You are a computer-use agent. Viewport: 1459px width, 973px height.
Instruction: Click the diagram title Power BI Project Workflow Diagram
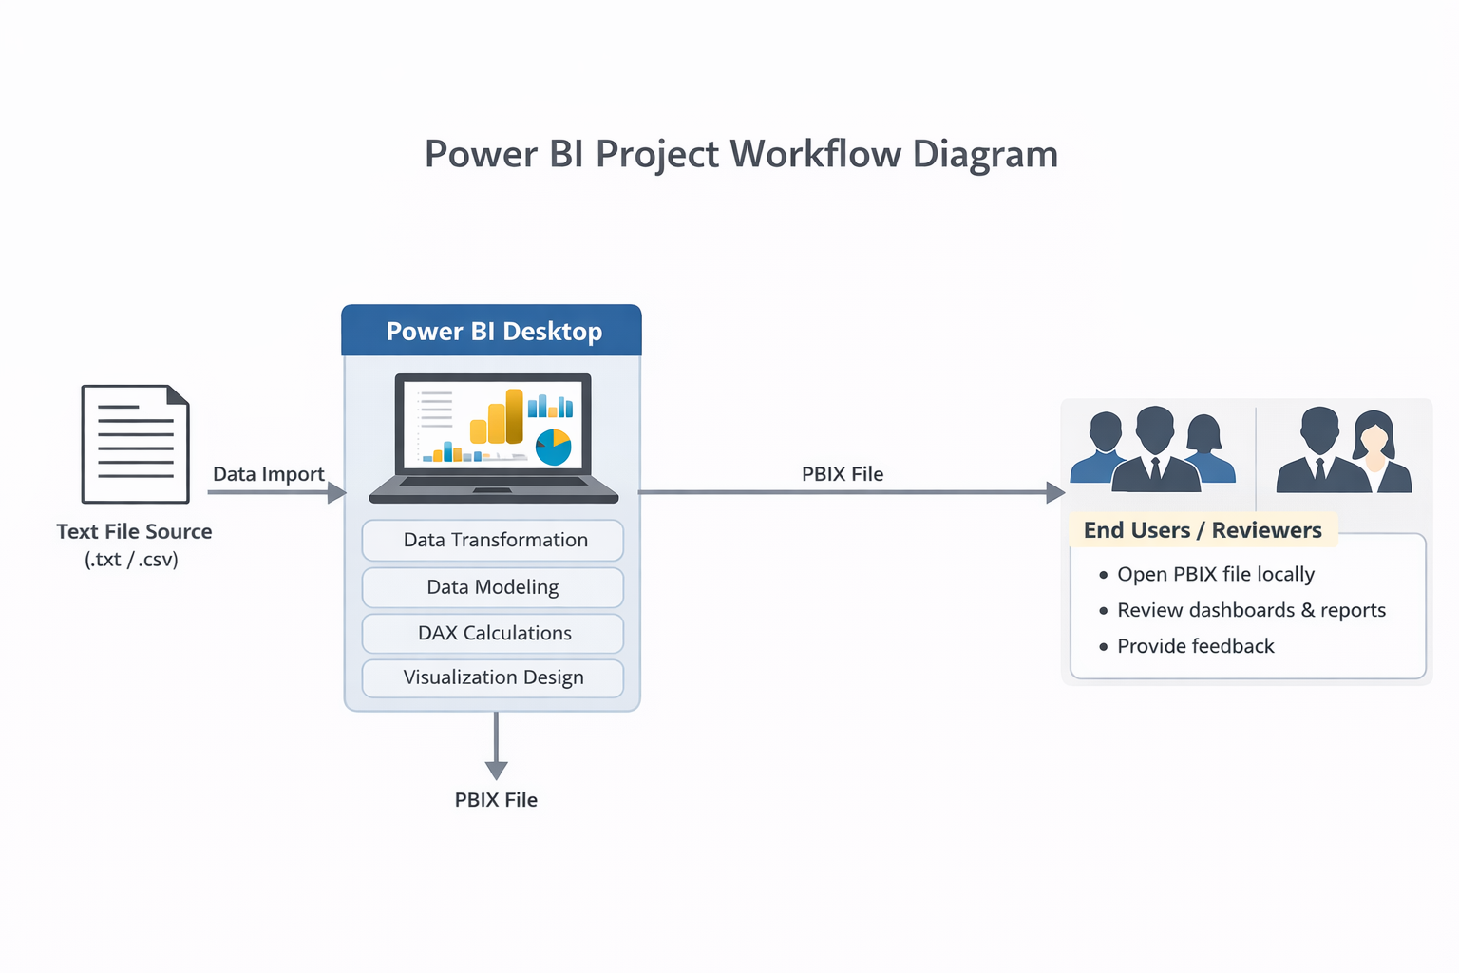coord(741,154)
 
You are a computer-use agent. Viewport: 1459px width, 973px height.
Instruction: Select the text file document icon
coord(136,444)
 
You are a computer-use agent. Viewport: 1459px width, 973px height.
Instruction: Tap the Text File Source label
coord(134,531)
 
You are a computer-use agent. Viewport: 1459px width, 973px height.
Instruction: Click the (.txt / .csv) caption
coord(132,560)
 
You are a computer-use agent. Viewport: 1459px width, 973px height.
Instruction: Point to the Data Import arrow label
coord(268,474)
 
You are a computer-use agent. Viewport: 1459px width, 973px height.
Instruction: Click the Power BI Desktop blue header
coord(492,331)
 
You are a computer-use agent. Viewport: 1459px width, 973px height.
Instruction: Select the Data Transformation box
coord(493,540)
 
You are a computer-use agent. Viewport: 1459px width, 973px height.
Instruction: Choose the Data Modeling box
coord(493,587)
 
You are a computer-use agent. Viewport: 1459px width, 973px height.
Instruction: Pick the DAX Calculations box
coord(493,633)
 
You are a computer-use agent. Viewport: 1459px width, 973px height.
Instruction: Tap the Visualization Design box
coord(493,677)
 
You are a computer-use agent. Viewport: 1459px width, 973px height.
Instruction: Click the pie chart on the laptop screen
coord(553,447)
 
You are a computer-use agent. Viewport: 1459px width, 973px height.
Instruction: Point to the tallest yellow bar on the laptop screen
coord(514,416)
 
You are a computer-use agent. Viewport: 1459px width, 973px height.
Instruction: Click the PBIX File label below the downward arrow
coord(496,800)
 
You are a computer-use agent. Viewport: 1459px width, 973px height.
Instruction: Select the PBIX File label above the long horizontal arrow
coord(843,474)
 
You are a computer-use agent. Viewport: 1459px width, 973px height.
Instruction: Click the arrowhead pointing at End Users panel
coord(1054,492)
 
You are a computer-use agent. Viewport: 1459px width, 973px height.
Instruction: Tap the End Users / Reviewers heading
coord(1203,530)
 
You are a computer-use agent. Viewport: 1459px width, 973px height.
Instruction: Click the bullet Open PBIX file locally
coord(1215,574)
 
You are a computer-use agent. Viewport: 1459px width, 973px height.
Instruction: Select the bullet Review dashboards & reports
coord(1251,610)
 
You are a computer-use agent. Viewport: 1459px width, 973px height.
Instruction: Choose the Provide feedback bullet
coord(1195,646)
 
